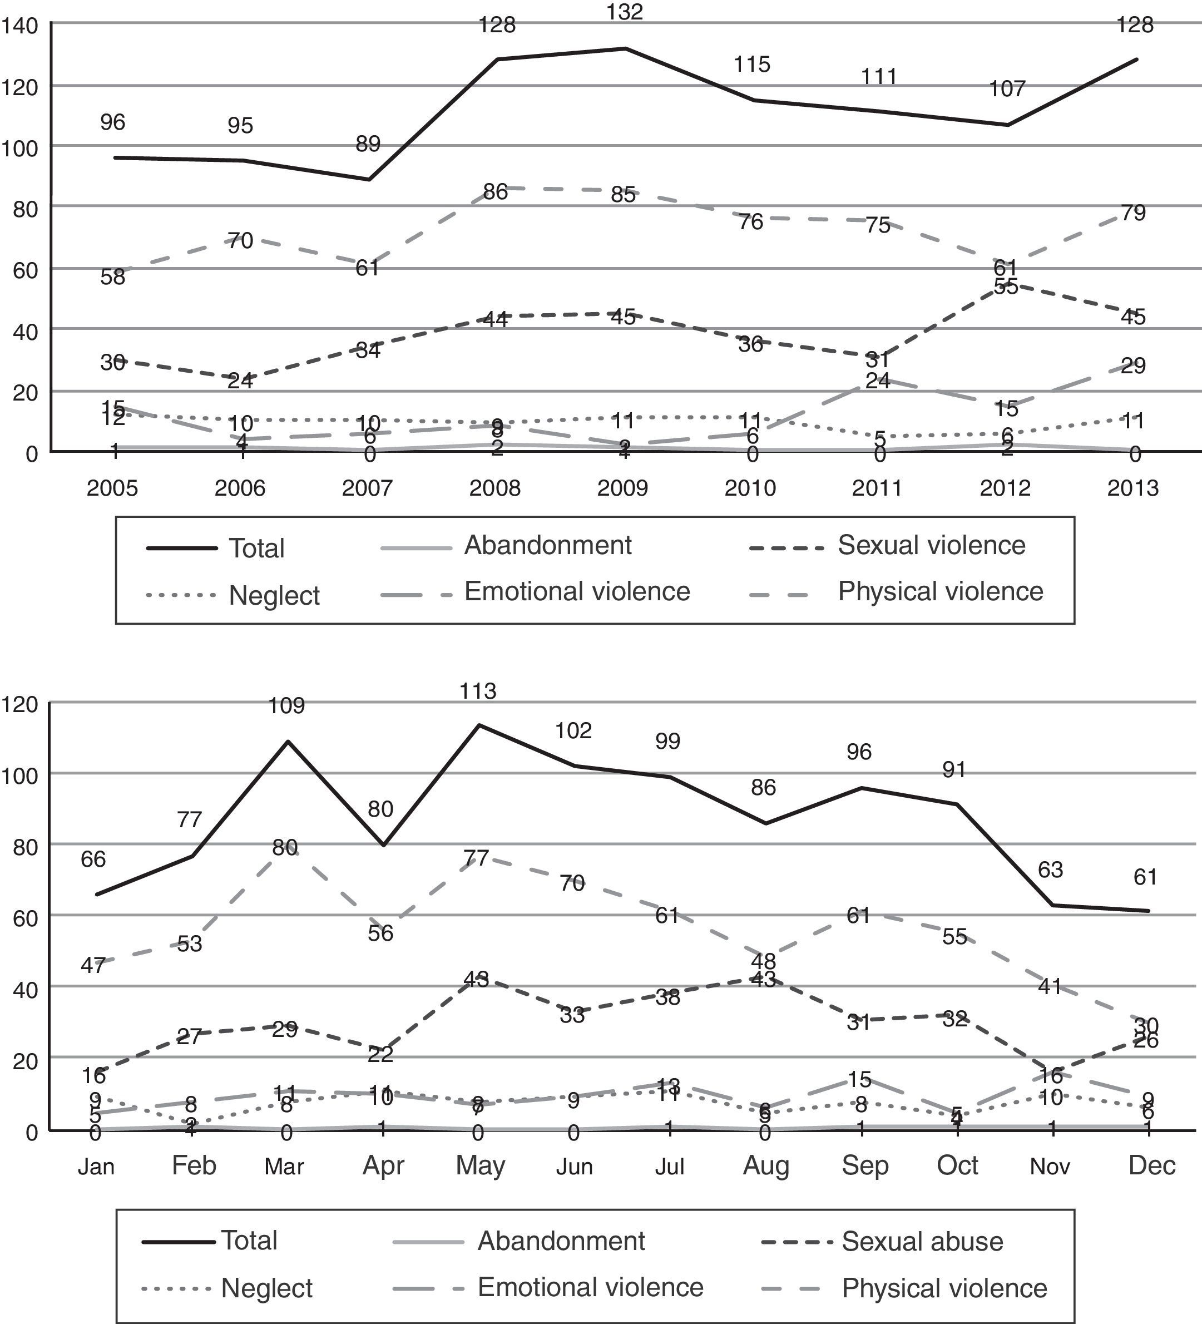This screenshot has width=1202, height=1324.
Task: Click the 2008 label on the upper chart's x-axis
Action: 494,488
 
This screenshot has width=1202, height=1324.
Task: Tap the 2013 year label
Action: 1133,488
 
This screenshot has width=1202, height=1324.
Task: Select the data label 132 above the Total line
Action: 625,12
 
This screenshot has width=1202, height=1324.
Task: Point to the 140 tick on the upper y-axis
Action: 19,26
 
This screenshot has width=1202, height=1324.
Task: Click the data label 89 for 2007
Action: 368,143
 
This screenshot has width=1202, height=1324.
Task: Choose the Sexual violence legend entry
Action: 931,546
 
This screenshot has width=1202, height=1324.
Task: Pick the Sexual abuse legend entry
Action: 922,1241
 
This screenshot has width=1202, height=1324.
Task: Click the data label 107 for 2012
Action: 1007,88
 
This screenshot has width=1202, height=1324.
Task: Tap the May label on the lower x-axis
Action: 480,1165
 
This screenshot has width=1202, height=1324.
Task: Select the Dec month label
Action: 1151,1165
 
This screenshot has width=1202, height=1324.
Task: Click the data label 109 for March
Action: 286,705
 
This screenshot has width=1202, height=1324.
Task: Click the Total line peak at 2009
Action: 625,48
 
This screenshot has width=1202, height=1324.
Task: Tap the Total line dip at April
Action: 383,845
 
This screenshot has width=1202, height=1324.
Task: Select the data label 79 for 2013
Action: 1133,213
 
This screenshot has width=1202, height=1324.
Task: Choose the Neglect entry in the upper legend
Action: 274,596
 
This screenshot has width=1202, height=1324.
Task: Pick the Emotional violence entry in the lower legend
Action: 590,1287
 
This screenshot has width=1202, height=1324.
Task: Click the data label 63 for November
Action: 1050,870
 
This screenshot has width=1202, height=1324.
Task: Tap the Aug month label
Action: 765,1165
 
